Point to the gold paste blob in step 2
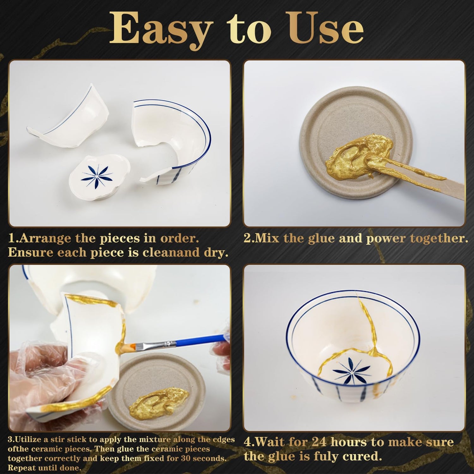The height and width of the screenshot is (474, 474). point(357,155)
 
